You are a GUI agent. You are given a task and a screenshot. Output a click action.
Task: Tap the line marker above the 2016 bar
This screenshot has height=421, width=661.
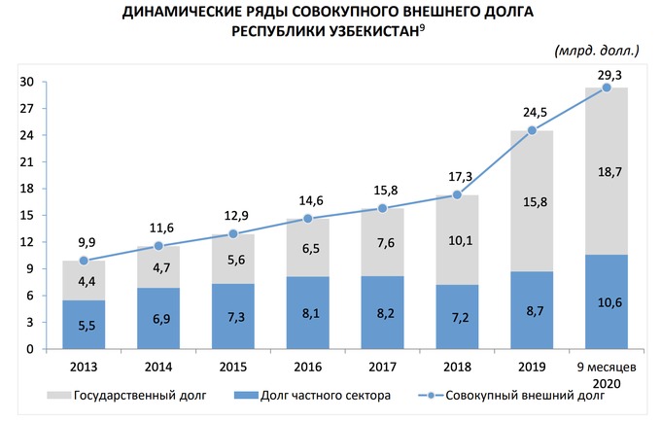pyautogui.click(x=307, y=219)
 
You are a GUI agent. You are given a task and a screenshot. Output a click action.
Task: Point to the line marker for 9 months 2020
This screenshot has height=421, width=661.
pyautogui.click(x=607, y=88)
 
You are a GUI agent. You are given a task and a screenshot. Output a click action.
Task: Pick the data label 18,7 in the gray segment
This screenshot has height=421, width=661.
pyautogui.click(x=607, y=171)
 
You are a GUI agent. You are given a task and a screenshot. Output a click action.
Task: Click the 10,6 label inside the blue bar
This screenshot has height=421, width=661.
pyautogui.click(x=607, y=301)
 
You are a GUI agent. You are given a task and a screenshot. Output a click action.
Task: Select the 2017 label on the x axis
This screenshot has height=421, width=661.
pyautogui.click(x=382, y=368)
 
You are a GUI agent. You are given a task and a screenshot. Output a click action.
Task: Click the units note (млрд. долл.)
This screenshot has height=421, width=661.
pyautogui.click(x=596, y=49)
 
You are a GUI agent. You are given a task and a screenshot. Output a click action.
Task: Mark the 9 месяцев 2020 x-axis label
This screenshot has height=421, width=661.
pyautogui.click(x=607, y=375)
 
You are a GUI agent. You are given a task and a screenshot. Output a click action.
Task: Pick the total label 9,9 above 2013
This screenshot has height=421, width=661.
pyautogui.click(x=84, y=242)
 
